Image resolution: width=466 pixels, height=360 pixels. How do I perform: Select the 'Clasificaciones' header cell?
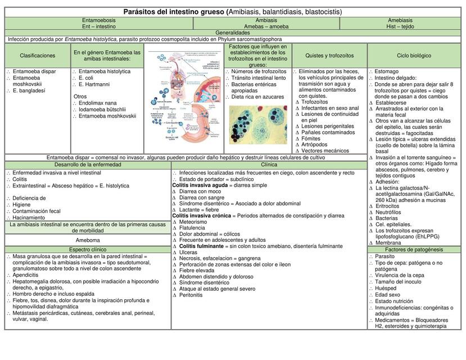coord(38,56)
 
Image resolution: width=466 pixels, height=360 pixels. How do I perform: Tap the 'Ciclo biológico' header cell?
coord(414,56)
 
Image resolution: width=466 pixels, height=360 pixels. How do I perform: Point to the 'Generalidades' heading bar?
coord(233,33)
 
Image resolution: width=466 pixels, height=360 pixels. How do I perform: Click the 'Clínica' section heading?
coord(269,165)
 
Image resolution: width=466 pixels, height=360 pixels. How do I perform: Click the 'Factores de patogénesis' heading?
coord(414,249)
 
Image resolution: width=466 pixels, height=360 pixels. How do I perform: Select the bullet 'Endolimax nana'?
coord(98,103)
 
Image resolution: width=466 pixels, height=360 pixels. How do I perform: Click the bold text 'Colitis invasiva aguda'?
coord(200,185)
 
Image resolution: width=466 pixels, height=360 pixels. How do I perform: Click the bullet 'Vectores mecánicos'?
coord(325,151)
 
